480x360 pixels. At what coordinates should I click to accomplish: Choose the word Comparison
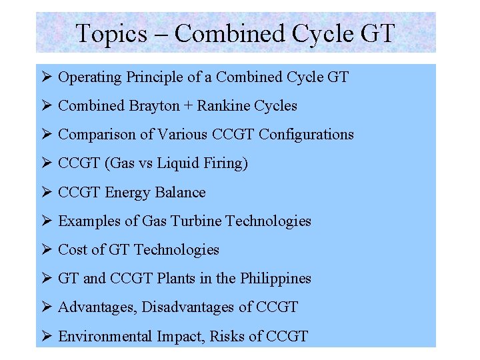[x=97, y=135]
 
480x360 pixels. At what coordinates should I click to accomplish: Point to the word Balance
[x=180, y=193]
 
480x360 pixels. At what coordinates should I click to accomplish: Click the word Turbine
[x=195, y=221]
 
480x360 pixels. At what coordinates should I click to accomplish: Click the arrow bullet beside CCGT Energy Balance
[x=46, y=193]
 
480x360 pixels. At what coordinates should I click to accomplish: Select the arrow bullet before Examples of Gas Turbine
[x=46, y=221]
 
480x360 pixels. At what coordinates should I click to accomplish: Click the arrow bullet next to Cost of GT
[x=46, y=249]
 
